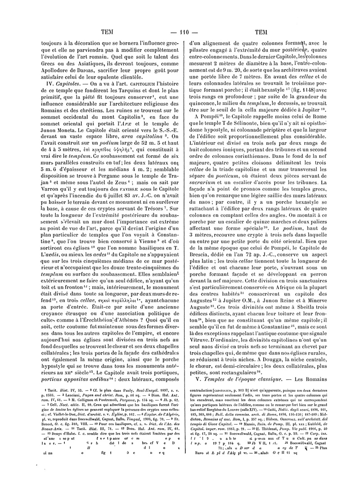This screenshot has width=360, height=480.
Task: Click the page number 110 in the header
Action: (x=180, y=32)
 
